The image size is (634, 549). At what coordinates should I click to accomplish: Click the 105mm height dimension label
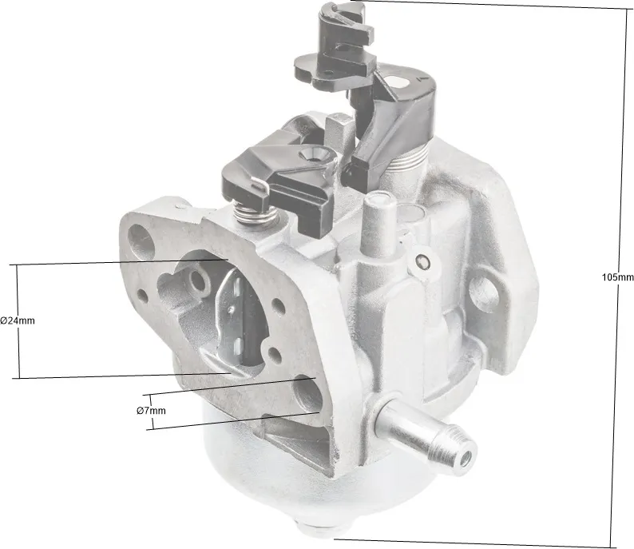617,277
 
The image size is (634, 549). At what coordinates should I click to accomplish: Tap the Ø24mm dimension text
18,320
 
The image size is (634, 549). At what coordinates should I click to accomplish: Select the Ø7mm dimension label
151,411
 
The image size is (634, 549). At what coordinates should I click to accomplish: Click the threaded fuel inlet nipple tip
466,457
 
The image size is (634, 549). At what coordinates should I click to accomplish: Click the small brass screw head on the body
422,262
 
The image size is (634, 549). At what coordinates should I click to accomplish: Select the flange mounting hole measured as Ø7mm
307,394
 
